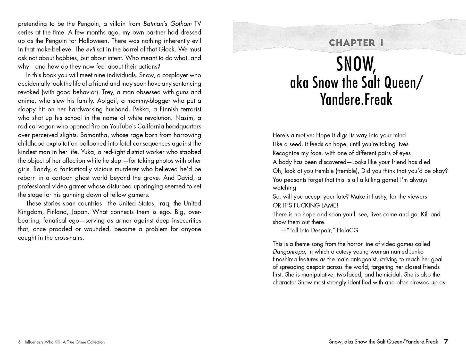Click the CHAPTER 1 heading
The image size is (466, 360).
356,43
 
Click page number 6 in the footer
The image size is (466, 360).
19,342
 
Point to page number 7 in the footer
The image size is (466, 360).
446,342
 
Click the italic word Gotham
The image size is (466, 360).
181,24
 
